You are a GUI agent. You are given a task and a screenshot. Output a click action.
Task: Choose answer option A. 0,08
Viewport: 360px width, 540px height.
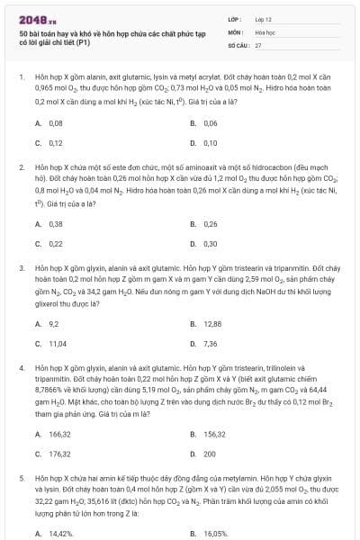[49, 122]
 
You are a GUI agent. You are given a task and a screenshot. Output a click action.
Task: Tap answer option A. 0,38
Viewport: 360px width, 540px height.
[49, 223]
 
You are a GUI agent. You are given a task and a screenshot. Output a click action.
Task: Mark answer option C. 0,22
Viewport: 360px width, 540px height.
[49, 243]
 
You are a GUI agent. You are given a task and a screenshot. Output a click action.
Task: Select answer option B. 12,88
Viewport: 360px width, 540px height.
[206, 323]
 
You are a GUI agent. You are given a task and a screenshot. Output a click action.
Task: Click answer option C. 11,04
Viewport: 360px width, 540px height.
[51, 343]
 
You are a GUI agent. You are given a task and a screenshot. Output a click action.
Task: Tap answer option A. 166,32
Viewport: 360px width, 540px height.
[53, 433]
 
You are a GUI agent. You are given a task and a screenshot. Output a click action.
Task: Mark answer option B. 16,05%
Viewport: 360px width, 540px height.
[208, 533]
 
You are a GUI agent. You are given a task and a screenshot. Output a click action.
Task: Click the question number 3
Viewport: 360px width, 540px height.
[21, 268]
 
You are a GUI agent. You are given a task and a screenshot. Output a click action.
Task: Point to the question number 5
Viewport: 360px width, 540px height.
[21, 478]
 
